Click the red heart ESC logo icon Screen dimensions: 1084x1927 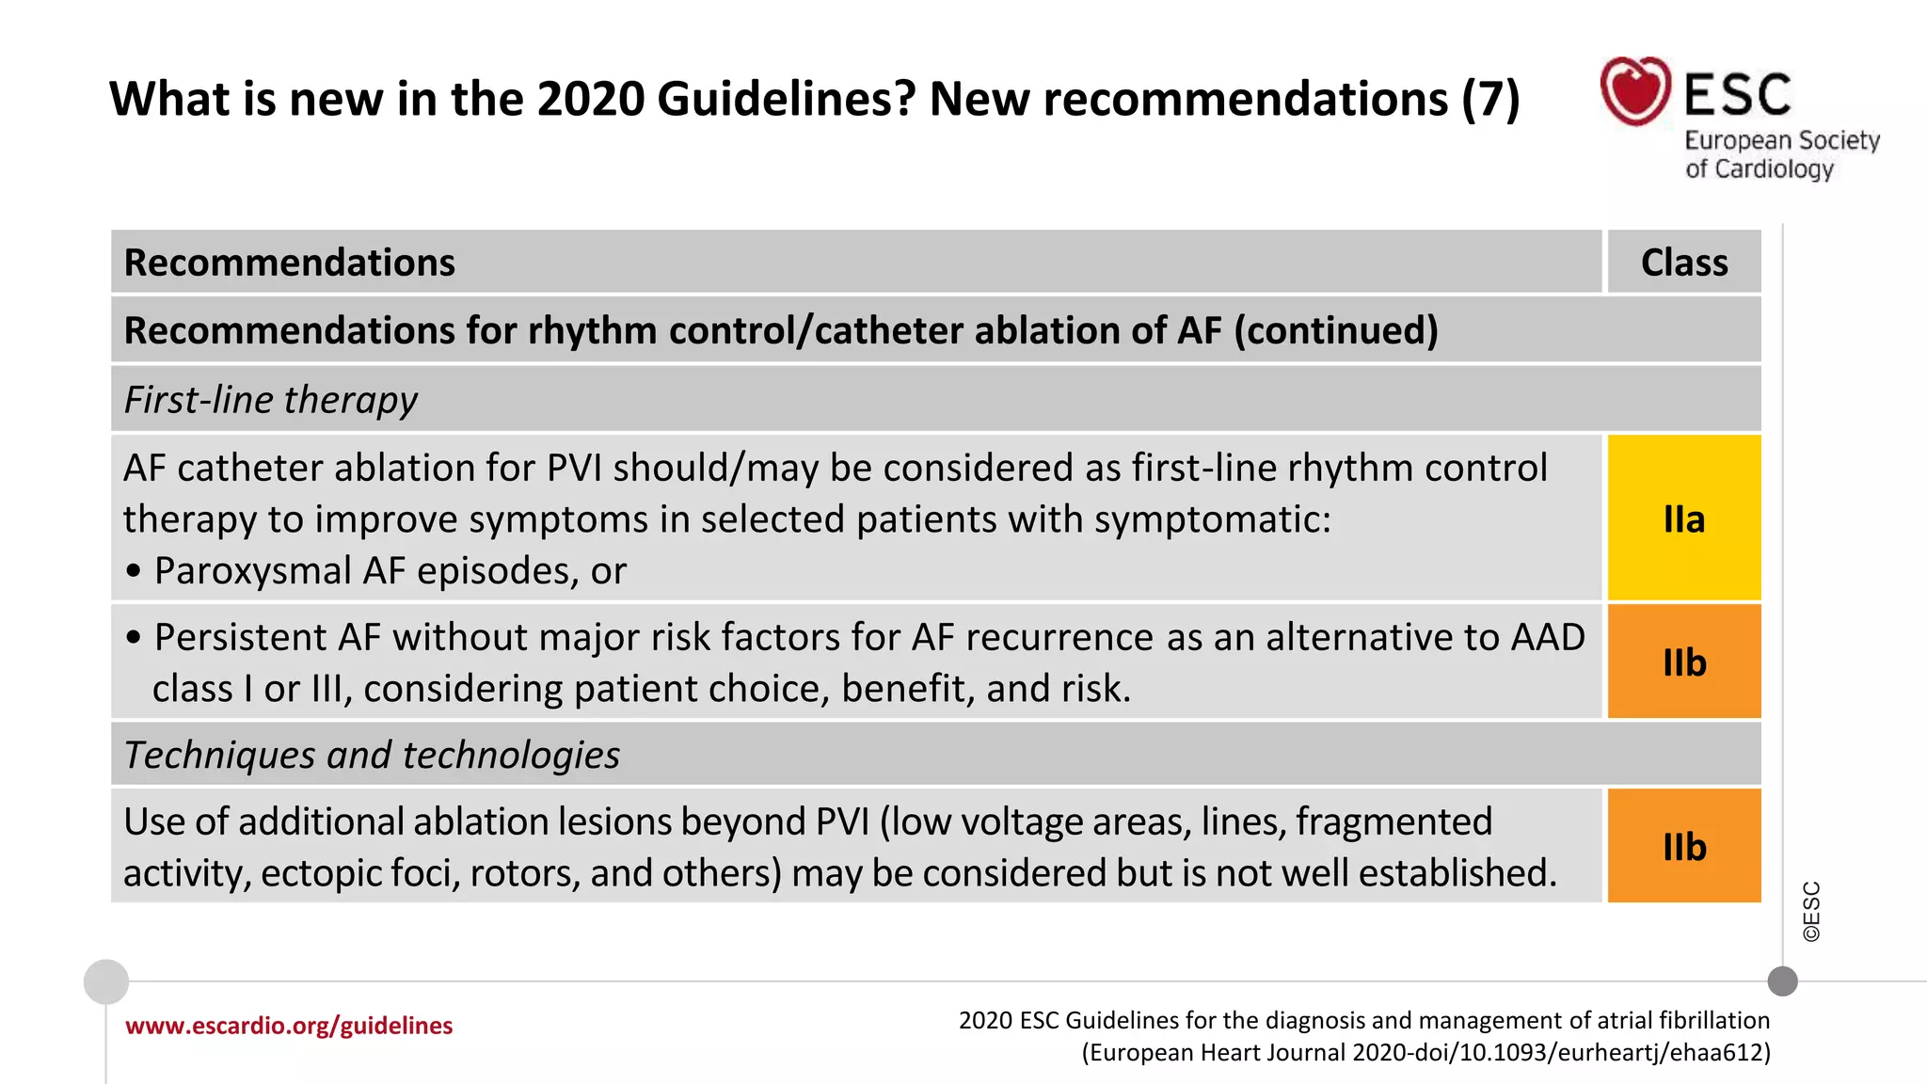(x=1635, y=91)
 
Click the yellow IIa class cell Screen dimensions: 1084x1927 (x=1683, y=518)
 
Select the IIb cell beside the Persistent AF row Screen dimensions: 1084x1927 (x=1683, y=662)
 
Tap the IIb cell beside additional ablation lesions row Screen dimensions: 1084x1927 (x=1683, y=846)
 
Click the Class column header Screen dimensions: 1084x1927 (x=1683, y=262)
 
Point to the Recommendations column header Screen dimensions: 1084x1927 (x=289, y=262)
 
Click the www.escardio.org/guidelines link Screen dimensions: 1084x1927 (x=289, y=1025)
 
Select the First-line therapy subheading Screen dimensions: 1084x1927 (x=271, y=400)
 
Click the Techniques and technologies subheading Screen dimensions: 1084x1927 (x=372, y=755)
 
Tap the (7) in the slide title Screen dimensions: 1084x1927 (x=1490, y=99)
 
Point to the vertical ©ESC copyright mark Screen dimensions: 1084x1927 (x=1811, y=911)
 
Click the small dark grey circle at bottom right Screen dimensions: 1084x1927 (x=1782, y=981)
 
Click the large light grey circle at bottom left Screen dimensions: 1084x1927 (x=106, y=981)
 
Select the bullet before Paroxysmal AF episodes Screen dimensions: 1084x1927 (x=134, y=571)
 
